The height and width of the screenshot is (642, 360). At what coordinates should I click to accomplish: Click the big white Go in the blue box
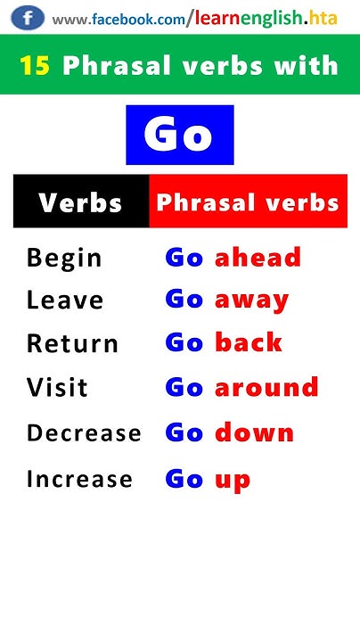point(179,135)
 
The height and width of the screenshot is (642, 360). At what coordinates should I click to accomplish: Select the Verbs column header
point(80,202)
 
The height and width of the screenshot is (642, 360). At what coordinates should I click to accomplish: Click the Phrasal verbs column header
point(248,202)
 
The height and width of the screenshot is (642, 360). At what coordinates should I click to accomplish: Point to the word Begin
point(64,259)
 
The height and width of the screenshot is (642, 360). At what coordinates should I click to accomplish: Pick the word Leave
point(65,300)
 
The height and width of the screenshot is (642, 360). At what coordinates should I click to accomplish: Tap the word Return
point(72,343)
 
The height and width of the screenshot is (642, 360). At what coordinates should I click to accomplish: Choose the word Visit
point(57,388)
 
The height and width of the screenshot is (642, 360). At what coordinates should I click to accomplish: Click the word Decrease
point(84,433)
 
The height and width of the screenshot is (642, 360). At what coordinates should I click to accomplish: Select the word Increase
point(79,479)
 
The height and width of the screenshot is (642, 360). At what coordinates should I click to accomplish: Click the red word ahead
point(258,258)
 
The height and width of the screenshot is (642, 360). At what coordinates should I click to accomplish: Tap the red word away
point(251,300)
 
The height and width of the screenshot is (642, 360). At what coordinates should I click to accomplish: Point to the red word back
point(249,342)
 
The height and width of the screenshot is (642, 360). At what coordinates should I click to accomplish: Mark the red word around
point(266,387)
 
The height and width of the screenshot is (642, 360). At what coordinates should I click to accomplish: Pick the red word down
point(254,432)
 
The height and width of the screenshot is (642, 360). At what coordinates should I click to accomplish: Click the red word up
point(233,481)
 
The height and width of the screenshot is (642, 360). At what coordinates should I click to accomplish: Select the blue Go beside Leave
point(184,300)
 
